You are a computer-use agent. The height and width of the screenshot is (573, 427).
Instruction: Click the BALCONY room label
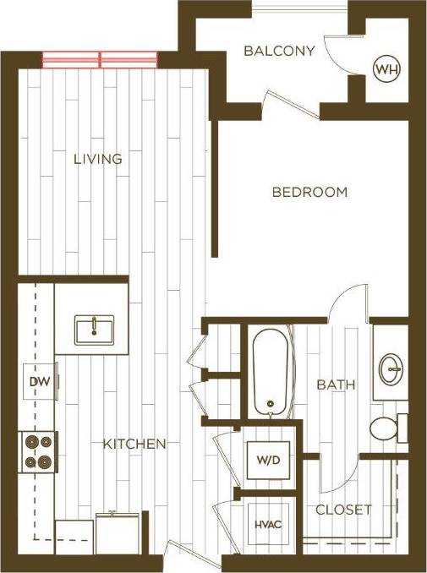(279, 51)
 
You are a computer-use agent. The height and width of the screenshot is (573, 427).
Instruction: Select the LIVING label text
(98, 159)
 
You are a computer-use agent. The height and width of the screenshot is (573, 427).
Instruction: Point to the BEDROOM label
(309, 192)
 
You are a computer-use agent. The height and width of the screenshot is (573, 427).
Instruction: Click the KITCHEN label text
(134, 444)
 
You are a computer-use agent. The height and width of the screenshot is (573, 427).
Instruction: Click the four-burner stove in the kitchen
(39, 451)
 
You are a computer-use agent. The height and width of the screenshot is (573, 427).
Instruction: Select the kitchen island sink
(93, 329)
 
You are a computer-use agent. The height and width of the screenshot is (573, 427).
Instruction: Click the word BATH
(336, 385)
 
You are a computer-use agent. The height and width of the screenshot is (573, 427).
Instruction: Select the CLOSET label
(343, 510)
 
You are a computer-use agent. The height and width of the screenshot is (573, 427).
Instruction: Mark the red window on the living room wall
(100, 59)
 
